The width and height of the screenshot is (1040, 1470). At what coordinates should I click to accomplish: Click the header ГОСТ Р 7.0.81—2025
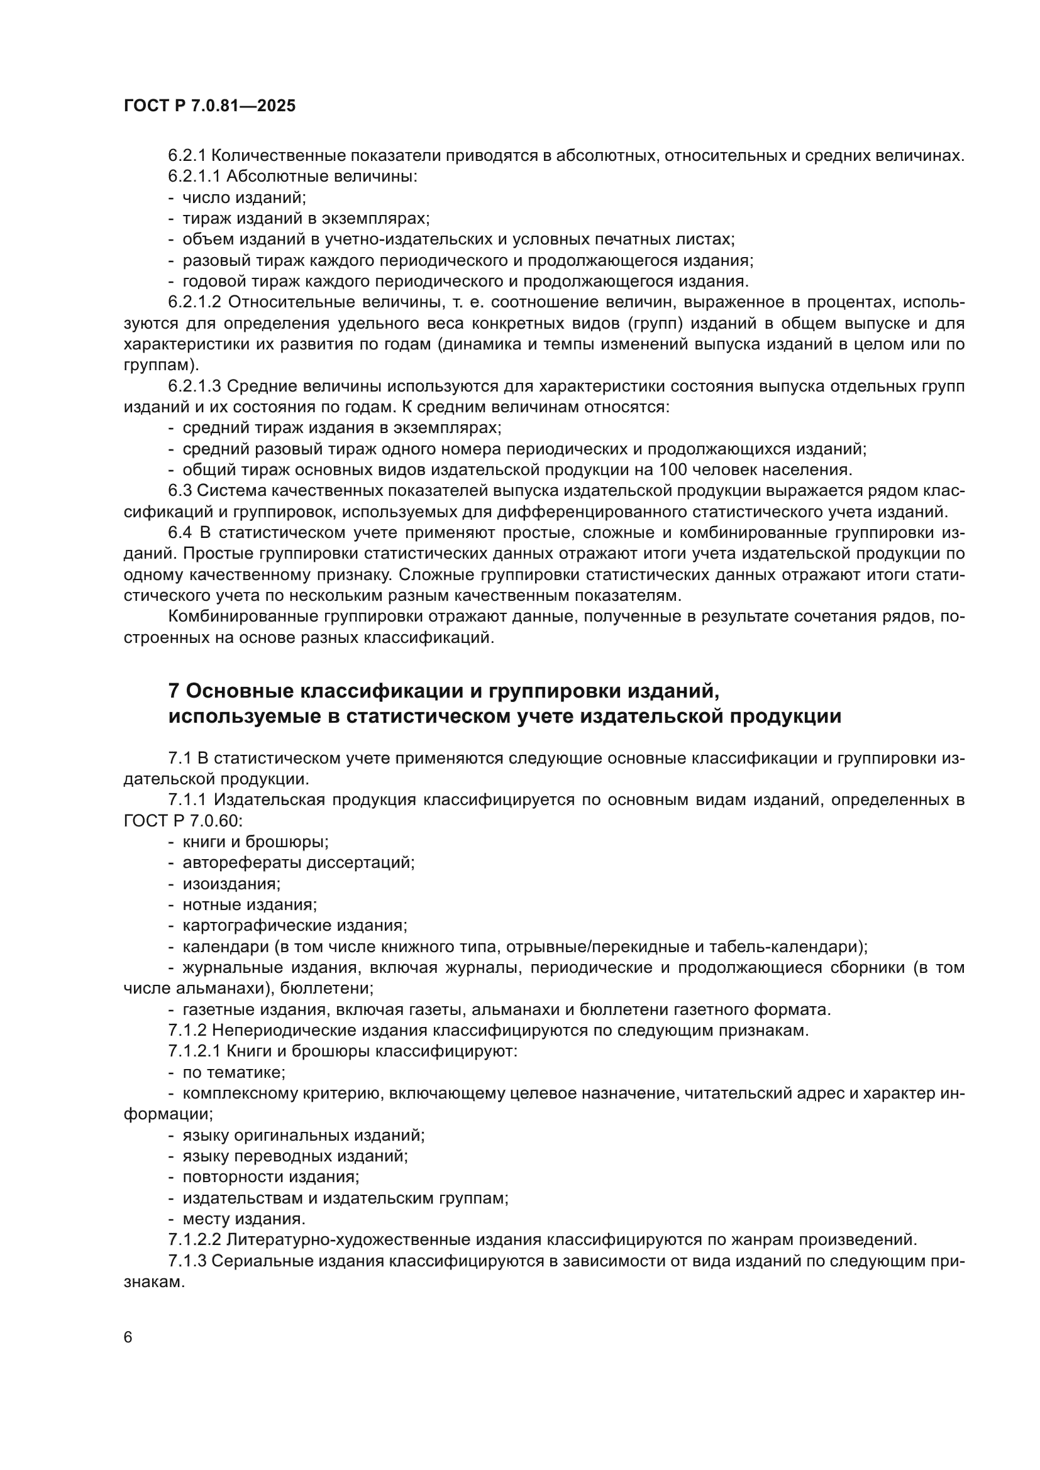[209, 106]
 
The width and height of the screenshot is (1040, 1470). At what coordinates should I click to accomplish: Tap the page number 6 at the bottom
[128, 1337]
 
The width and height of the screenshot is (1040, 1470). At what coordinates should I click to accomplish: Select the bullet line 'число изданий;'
[244, 197]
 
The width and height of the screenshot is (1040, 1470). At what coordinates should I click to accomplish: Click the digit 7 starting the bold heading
[174, 691]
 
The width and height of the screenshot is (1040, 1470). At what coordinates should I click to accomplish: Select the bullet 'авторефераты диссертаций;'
[299, 863]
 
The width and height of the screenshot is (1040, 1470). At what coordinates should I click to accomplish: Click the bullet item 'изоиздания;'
[231, 884]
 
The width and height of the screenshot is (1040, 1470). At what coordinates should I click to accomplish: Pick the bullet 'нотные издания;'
[250, 904]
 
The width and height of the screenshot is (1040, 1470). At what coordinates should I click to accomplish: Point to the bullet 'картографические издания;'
[294, 926]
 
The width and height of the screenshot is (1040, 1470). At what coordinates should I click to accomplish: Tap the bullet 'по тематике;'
[234, 1072]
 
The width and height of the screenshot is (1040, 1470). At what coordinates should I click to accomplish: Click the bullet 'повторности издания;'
[271, 1177]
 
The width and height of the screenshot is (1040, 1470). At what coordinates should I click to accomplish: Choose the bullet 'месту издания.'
[244, 1219]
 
